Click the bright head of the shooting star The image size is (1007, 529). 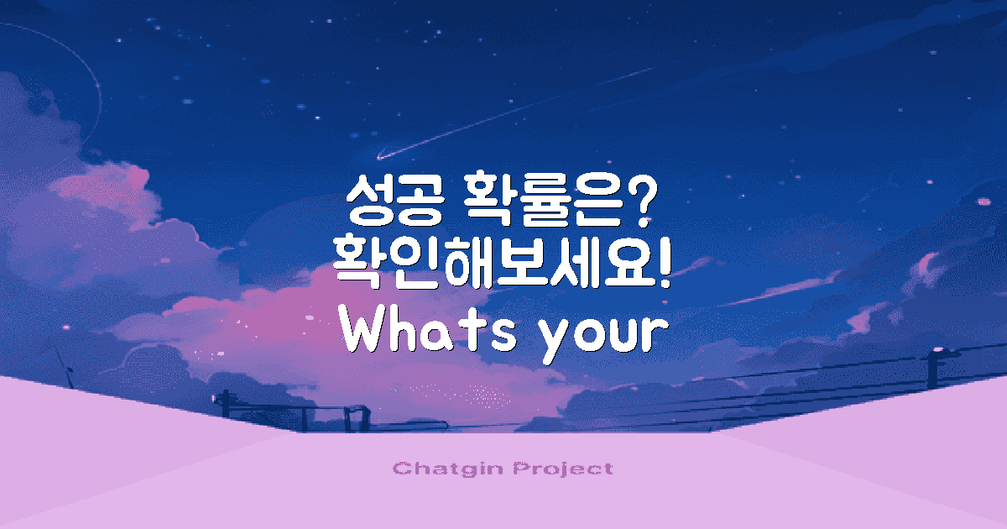(380, 155)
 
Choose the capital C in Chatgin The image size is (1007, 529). (400, 469)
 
